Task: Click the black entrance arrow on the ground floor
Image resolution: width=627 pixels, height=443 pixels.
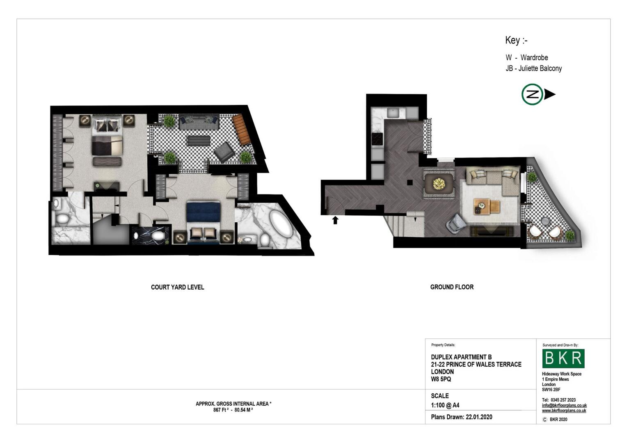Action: point(335,220)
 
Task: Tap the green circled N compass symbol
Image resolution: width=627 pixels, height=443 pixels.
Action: point(532,94)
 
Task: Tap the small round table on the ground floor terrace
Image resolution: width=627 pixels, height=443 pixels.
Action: point(545,221)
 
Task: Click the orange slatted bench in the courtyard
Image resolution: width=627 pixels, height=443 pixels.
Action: point(241,129)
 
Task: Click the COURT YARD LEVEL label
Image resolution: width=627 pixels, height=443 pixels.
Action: point(177,287)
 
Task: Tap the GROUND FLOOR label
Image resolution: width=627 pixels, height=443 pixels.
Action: point(452,287)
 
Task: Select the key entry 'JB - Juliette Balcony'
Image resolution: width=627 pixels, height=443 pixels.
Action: point(533,69)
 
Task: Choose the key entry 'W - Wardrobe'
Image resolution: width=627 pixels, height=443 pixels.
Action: point(526,57)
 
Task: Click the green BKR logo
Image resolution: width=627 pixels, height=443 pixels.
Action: point(563,359)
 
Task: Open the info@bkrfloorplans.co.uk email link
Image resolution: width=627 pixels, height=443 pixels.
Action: point(564,405)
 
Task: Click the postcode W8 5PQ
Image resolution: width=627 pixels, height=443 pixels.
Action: point(441,379)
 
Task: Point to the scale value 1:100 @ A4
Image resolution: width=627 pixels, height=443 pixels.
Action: point(445,405)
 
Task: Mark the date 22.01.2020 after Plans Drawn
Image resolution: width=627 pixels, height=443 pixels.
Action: point(479,417)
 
